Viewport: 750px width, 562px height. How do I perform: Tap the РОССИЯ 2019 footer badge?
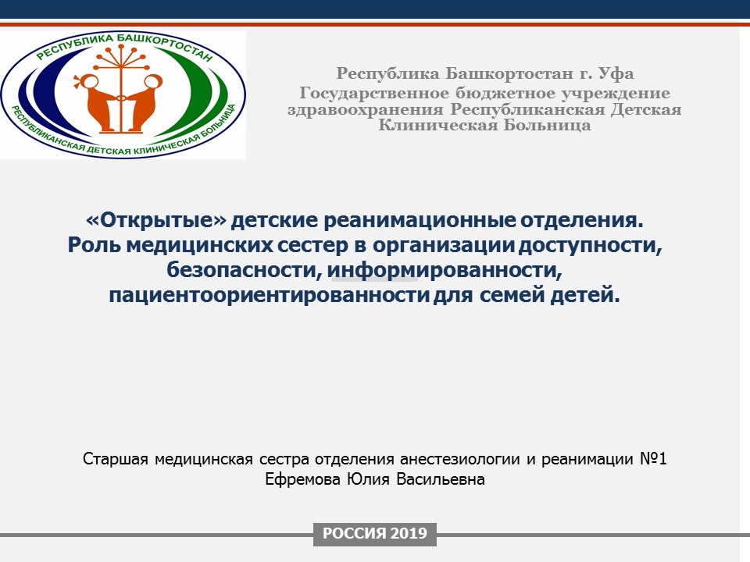pyautogui.click(x=374, y=533)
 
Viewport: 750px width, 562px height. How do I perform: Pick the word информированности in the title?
pyautogui.click(x=444, y=269)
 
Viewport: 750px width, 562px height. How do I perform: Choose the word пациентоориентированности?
pyautogui.click(x=269, y=294)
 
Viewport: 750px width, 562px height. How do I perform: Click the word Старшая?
pyautogui.click(x=116, y=459)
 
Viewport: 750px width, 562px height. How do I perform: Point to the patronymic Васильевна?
pyautogui.click(x=440, y=478)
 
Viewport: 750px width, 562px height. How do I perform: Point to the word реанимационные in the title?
pyautogui.click(x=420, y=220)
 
